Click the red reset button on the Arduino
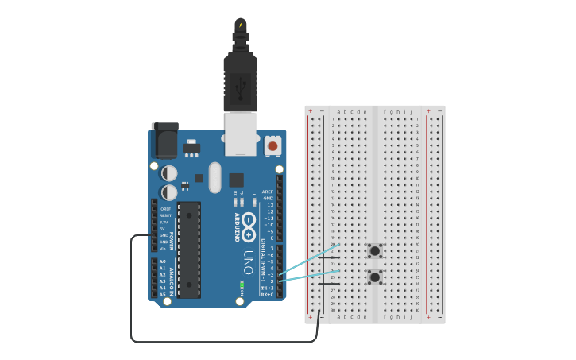(273, 145)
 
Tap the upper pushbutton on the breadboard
(374, 251)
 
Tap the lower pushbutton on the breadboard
(374, 277)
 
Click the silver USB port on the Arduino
(241, 134)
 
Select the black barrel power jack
(165, 141)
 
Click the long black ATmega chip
(188, 250)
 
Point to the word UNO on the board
(247, 262)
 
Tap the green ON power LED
(241, 284)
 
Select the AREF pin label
(269, 192)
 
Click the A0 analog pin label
(163, 261)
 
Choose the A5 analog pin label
(163, 294)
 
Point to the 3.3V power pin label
(164, 223)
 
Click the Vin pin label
(163, 248)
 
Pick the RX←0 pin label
(267, 294)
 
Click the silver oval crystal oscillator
(215, 177)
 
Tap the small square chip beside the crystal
(236, 180)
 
